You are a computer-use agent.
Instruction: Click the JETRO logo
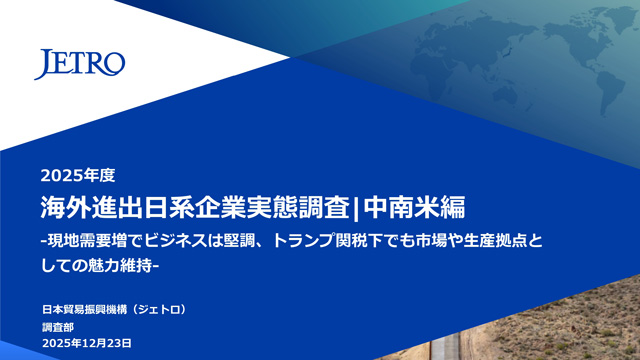[80, 64]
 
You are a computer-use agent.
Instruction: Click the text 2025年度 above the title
[78, 176]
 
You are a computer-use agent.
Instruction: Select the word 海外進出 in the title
[92, 207]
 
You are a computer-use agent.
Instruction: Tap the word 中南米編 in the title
[414, 207]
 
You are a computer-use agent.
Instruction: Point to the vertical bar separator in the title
[356, 208]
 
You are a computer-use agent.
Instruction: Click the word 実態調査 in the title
[298, 207]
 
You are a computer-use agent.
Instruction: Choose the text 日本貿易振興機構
[84, 309]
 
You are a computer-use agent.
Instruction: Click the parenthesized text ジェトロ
[159, 309]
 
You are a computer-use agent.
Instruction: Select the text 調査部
[58, 327]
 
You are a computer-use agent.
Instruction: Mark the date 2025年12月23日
[87, 343]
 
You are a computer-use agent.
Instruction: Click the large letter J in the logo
[43, 64]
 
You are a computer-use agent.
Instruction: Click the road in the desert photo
[446, 345]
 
